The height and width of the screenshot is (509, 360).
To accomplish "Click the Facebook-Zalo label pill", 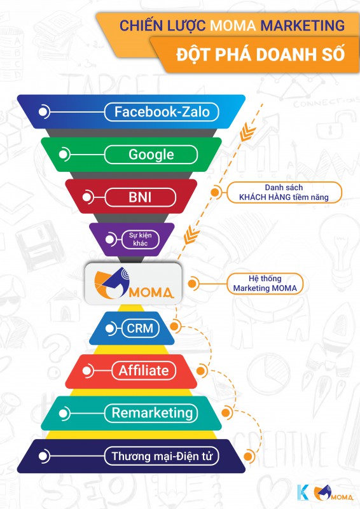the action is (x=162, y=112).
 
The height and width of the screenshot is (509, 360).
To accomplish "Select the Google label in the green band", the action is (x=151, y=155).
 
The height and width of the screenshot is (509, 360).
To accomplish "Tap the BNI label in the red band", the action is (x=140, y=197).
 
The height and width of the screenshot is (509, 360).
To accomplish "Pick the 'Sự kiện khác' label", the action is (x=140, y=240).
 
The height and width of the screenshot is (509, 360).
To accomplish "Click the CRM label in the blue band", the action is (x=140, y=328).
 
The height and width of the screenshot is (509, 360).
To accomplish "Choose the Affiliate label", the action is (x=144, y=370).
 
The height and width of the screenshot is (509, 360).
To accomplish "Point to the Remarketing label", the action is (x=151, y=413).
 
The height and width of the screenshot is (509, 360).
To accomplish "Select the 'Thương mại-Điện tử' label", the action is (x=162, y=456).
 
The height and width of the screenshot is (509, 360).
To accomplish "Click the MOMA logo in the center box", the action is (x=134, y=283).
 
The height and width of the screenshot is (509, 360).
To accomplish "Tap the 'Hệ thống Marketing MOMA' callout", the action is (x=265, y=283).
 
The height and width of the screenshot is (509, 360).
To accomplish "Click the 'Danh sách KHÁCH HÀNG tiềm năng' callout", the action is (x=284, y=193).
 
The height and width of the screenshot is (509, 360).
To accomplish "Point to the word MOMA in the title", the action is (x=233, y=25).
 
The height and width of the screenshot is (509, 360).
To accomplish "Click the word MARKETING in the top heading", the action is (x=303, y=25).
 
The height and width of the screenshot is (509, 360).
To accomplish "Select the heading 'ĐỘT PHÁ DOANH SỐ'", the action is (x=261, y=54).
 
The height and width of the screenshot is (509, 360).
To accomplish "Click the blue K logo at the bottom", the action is (x=303, y=492).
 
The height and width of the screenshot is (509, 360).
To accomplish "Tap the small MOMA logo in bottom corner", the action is (x=333, y=492).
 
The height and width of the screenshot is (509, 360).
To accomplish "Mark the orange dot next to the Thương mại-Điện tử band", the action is (x=247, y=456).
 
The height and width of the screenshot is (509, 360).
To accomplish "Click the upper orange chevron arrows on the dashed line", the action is (x=247, y=134).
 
